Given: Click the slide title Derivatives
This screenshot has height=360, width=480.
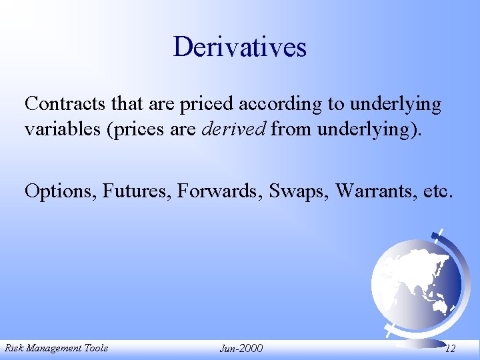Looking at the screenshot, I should (240, 47).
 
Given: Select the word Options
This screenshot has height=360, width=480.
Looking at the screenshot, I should (60, 191).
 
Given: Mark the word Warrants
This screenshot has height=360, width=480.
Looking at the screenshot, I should (377, 191).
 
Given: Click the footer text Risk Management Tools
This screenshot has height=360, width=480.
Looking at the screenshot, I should (56, 347).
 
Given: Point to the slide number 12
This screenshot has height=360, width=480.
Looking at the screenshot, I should (451, 348).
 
